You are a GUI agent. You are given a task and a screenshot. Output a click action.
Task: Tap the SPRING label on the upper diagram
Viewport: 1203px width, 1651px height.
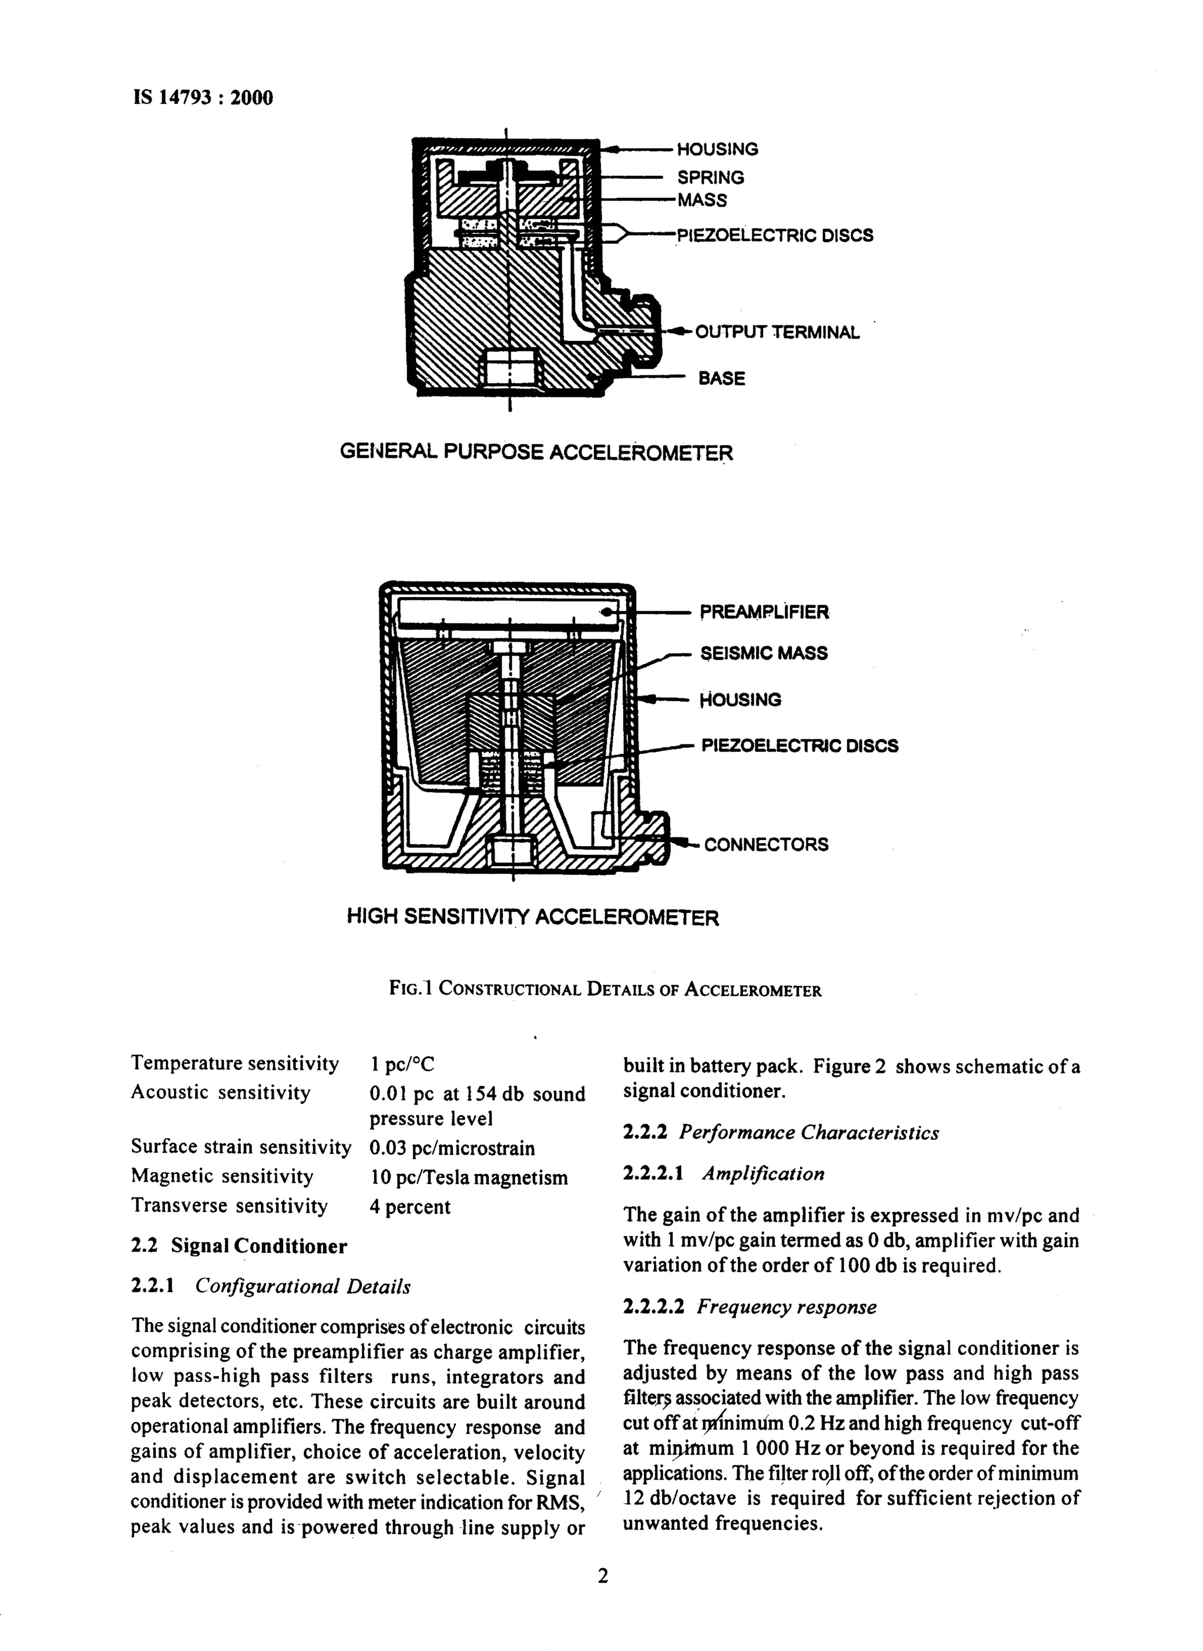(x=711, y=177)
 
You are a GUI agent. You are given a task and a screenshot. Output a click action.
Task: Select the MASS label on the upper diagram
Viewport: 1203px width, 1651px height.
(x=702, y=200)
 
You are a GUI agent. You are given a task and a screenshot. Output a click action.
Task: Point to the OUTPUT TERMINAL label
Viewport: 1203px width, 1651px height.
(x=777, y=332)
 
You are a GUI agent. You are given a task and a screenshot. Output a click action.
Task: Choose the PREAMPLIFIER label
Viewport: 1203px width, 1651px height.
(x=764, y=612)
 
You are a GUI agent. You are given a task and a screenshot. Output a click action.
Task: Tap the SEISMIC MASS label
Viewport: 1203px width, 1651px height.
(x=764, y=653)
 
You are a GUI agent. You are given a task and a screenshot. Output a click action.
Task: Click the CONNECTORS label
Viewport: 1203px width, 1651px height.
(x=766, y=845)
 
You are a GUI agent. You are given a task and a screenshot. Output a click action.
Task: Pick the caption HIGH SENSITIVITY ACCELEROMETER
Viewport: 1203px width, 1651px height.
(x=532, y=917)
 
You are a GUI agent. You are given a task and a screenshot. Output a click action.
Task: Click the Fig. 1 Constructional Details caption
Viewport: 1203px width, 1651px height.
(x=605, y=990)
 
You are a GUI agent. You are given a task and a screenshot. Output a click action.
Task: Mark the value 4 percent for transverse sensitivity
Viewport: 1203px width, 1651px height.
(x=410, y=1207)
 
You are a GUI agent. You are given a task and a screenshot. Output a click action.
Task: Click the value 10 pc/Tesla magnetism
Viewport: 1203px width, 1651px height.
(x=468, y=1177)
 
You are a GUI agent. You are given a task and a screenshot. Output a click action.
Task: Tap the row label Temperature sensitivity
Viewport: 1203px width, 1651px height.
(x=234, y=1064)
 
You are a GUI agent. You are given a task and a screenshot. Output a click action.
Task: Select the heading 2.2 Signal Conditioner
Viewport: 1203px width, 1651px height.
(x=239, y=1246)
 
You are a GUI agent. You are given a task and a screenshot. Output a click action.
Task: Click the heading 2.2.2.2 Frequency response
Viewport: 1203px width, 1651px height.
(x=750, y=1307)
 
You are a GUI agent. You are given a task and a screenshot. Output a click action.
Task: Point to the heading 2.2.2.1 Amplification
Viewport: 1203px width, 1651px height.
(x=724, y=1173)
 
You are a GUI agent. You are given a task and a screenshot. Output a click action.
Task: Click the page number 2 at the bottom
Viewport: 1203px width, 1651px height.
(x=602, y=1577)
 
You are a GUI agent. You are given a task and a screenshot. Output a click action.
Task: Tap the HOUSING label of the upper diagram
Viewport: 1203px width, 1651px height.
(x=717, y=149)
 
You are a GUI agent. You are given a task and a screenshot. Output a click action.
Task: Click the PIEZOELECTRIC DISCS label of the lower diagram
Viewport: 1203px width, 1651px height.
(x=799, y=746)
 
